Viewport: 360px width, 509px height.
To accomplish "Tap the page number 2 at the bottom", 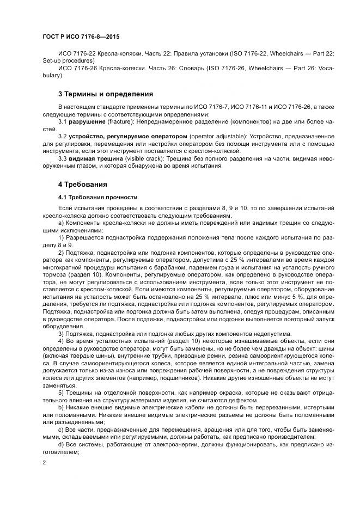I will coord(44,463).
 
